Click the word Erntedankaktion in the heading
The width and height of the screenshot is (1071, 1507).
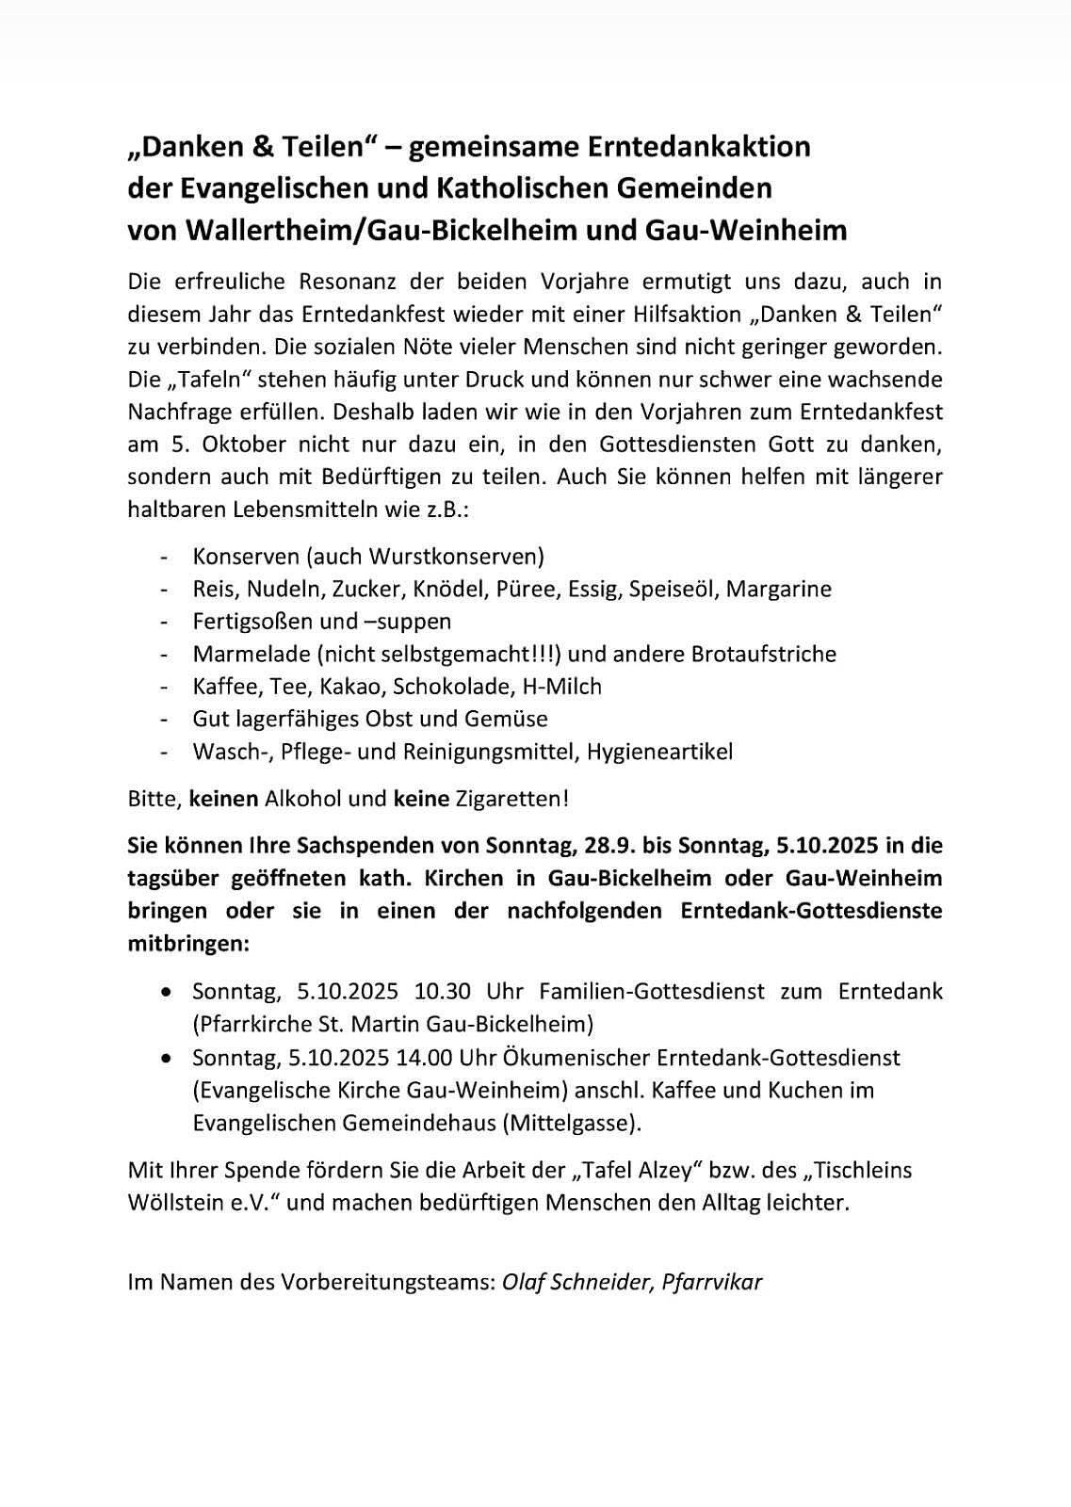[699, 147]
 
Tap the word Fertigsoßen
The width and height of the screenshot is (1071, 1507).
[247, 622]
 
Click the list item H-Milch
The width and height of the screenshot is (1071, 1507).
[561, 687]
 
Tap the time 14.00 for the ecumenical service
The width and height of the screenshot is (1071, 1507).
[429, 1058]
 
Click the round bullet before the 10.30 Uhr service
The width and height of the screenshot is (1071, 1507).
[167, 993]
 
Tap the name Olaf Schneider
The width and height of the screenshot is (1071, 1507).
[576, 1282]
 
